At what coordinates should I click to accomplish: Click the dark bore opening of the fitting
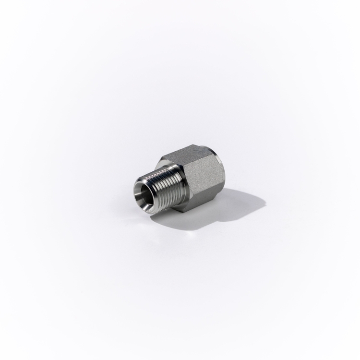pos(144,195)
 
